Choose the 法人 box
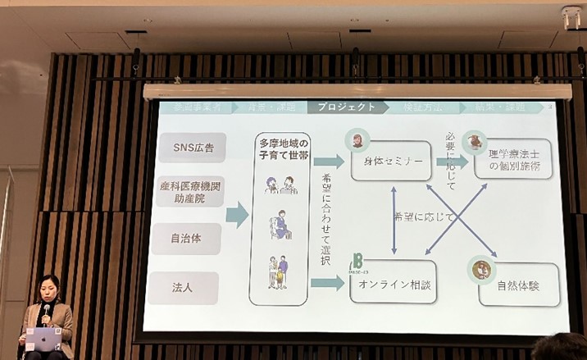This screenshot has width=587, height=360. point(184,288)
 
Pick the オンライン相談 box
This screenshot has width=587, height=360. point(389,285)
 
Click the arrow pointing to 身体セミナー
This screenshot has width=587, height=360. point(328,162)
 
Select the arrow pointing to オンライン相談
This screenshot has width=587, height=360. point(328,284)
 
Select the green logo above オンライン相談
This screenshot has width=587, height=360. point(358,262)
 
